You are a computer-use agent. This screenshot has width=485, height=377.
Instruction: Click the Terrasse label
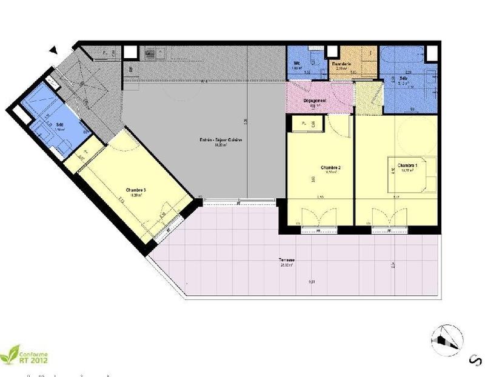click(287, 259)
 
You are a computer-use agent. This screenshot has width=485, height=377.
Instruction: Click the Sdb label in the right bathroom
click(403, 79)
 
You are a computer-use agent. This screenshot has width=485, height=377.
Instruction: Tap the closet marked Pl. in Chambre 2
click(303, 124)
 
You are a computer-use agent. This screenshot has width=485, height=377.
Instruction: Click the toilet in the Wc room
click(313, 58)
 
